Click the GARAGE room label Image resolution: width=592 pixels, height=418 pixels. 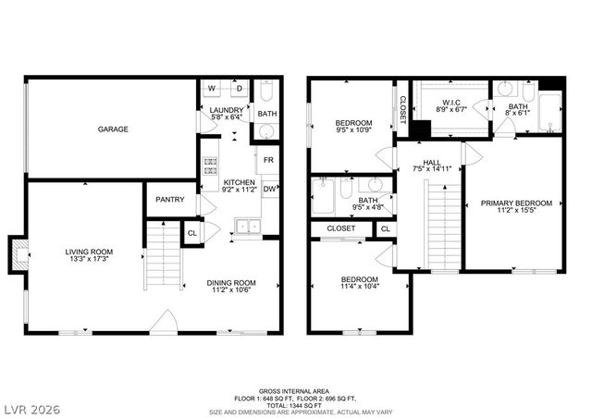coord(113,129)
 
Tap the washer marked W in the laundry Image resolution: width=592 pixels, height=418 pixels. coord(211,90)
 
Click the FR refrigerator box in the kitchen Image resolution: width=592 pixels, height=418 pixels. coord(268,160)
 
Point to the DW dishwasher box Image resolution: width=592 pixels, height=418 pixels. coord(268,190)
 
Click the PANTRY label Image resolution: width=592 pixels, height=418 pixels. coord(169,200)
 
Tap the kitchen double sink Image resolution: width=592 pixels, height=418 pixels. coord(246,225)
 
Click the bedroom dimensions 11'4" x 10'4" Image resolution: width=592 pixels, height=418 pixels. coord(358,287)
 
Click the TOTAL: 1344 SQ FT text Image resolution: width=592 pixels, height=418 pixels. coord(296,405)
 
